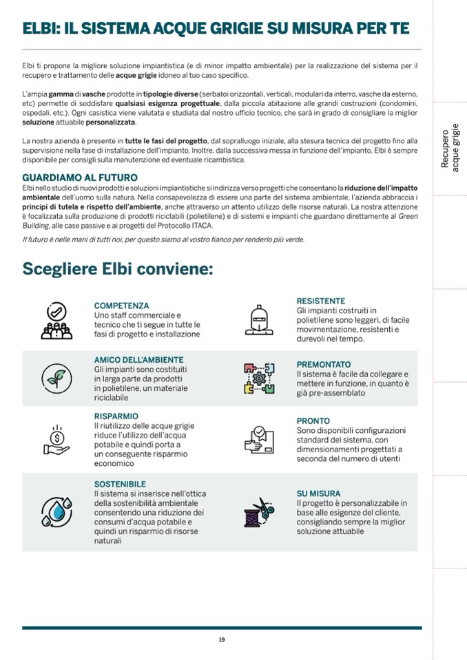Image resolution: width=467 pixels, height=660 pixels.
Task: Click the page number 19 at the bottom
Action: [222, 639]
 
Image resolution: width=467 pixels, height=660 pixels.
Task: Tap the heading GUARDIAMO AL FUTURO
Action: [80, 178]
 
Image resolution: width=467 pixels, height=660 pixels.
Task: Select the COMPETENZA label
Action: [121, 306]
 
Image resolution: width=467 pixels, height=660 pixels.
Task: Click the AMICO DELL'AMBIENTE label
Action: [138, 360]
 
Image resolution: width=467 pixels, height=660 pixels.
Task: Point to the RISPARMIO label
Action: [116, 416]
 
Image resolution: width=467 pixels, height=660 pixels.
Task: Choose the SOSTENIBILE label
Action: [120, 484]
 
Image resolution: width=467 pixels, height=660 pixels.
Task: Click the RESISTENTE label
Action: [320, 301]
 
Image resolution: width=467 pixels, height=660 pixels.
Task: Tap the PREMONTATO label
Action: [323, 365]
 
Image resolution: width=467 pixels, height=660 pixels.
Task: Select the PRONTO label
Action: [313, 421]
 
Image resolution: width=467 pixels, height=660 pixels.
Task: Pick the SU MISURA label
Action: [318, 493]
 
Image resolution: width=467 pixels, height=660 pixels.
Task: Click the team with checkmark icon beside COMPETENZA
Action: [56, 321]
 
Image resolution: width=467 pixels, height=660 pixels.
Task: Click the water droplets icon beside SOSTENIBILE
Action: [56, 510]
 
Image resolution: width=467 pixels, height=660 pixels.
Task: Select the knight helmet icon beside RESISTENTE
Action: [259, 319]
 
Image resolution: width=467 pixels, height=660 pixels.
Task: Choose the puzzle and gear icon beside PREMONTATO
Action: [259, 378]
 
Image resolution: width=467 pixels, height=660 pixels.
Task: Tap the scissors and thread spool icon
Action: [259, 511]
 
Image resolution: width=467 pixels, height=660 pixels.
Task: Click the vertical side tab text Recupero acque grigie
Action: [450, 147]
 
